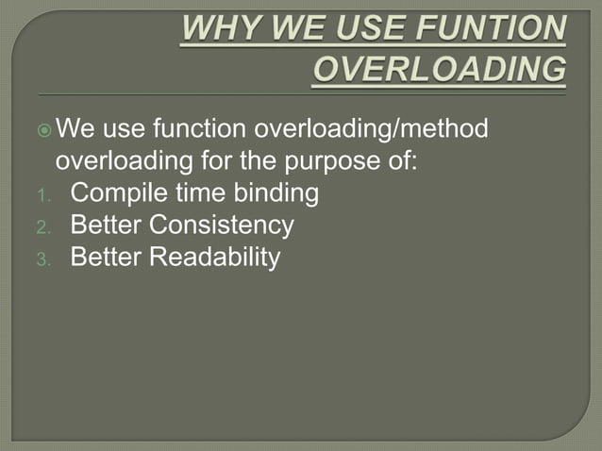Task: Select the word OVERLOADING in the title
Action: point(439,70)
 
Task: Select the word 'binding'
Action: point(279,193)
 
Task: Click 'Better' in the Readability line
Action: point(106,257)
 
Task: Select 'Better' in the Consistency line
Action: point(106,225)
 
